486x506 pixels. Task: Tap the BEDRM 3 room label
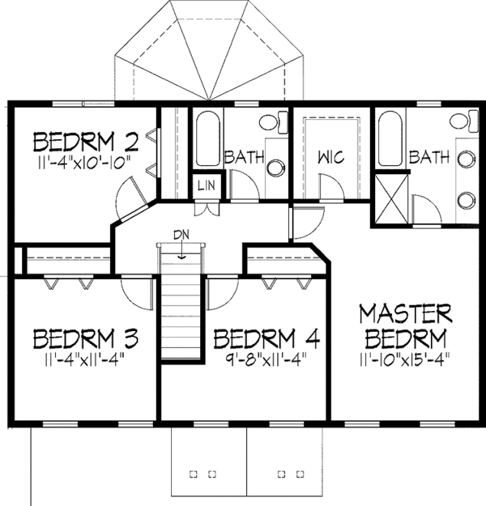(85, 336)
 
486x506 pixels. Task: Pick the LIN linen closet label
(206, 186)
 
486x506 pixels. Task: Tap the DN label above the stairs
(182, 235)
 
